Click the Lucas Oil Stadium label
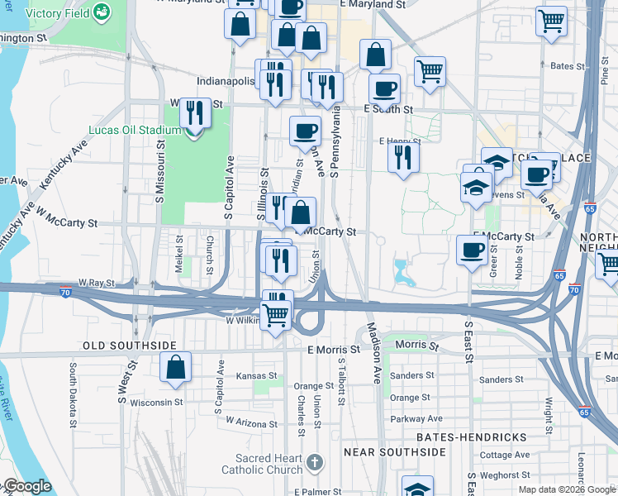[x=135, y=130]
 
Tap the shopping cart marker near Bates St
[x=430, y=72]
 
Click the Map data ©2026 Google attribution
[x=567, y=489]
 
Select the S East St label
[x=468, y=337]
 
